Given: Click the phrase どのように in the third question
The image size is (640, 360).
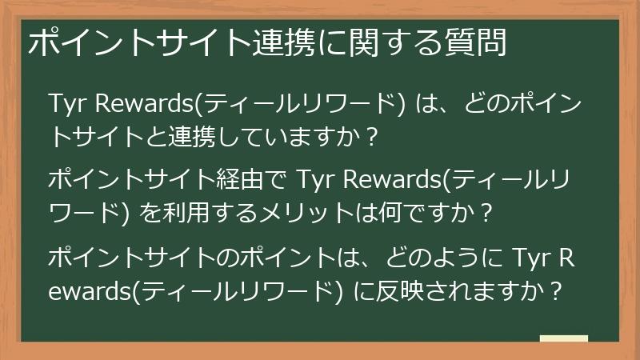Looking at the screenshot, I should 432,258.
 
